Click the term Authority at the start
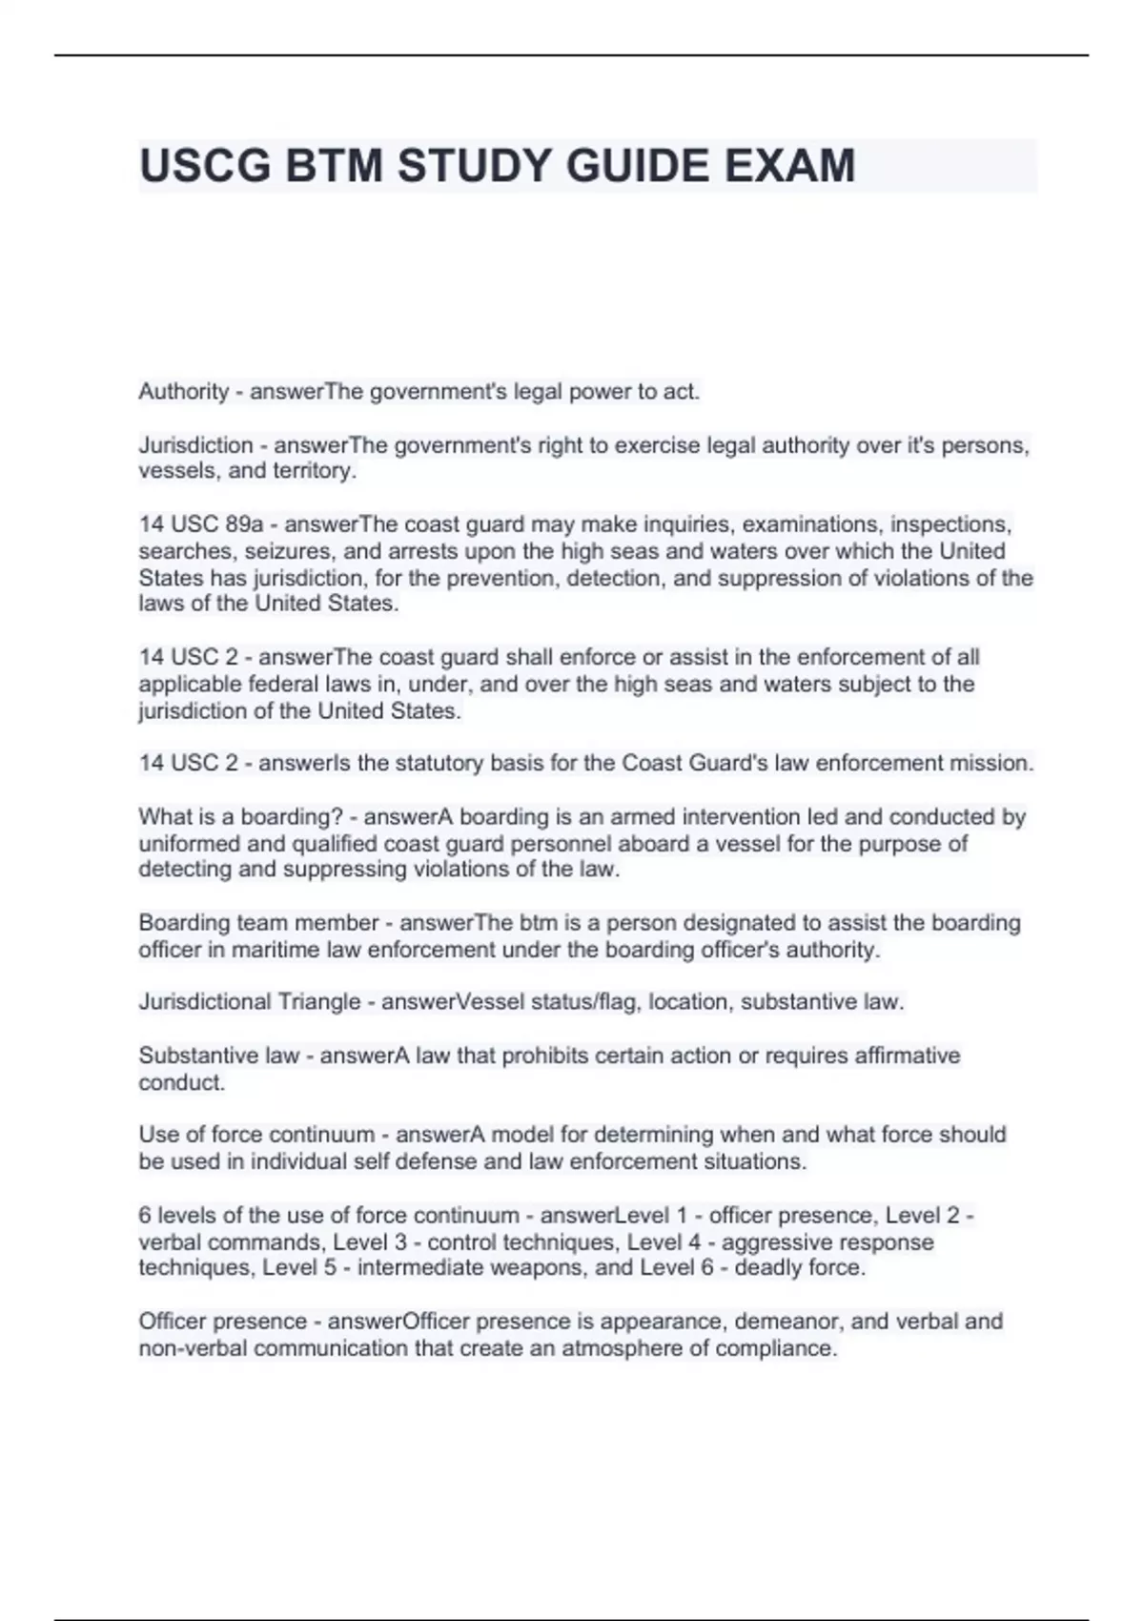(x=183, y=391)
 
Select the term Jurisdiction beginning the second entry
(x=195, y=445)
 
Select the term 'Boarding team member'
(x=258, y=923)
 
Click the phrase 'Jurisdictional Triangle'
(x=249, y=1002)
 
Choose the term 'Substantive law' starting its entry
(x=218, y=1056)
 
